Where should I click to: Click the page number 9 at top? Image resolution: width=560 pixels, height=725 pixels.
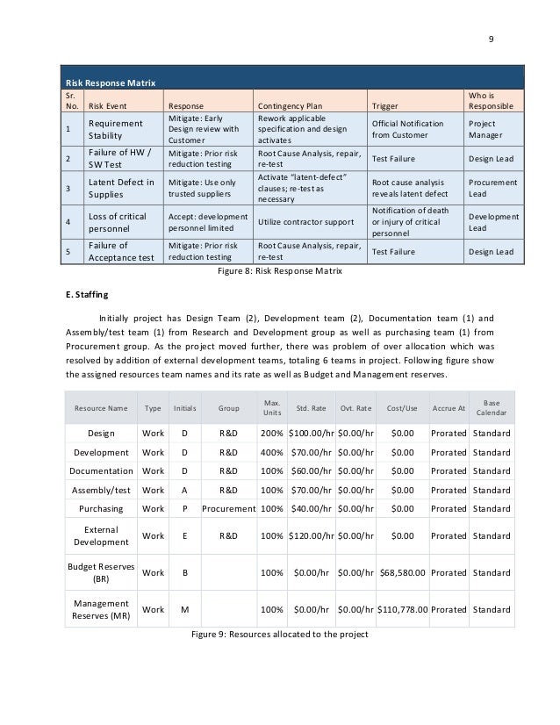(x=492, y=38)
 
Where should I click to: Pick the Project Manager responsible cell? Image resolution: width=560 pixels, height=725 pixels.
(x=489, y=130)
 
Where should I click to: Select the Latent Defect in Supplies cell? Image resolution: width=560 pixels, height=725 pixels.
(x=121, y=187)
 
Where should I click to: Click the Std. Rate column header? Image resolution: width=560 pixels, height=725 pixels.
(x=312, y=408)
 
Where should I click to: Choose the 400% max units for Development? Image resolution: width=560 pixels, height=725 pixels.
(x=271, y=453)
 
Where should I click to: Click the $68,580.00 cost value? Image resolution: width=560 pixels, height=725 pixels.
(x=403, y=572)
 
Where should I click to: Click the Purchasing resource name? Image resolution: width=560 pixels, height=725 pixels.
(x=100, y=508)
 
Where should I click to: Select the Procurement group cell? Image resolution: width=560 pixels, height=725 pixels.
(x=229, y=508)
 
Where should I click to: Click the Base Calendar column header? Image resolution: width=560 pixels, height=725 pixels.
(x=491, y=407)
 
